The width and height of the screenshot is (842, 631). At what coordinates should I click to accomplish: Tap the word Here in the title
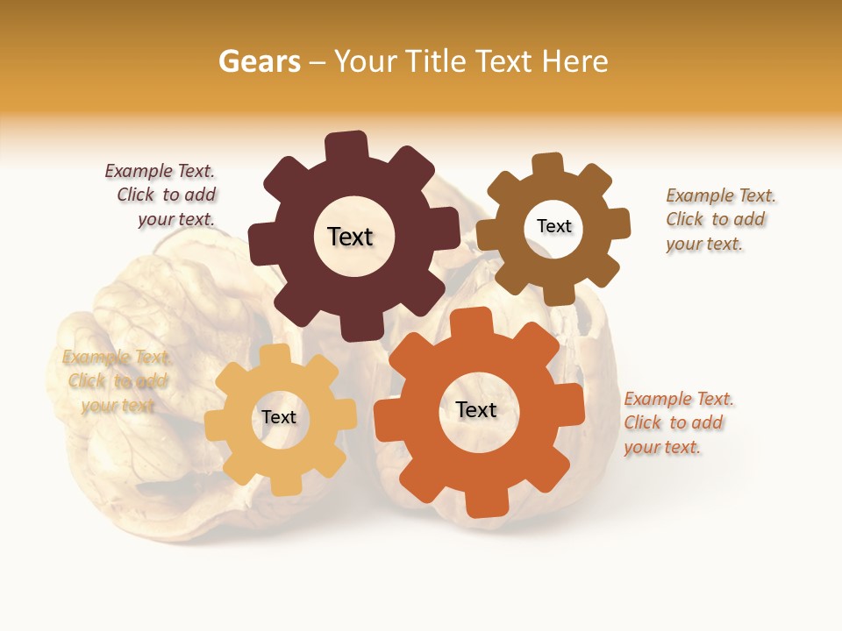[x=574, y=61]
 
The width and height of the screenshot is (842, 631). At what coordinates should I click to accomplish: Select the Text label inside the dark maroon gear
[x=350, y=237]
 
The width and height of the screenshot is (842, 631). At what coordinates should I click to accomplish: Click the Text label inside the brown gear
[x=553, y=226]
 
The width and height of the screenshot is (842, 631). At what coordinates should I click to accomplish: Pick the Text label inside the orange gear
[x=476, y=409]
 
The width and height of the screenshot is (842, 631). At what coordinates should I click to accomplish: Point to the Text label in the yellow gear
[x=279, y=417]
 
